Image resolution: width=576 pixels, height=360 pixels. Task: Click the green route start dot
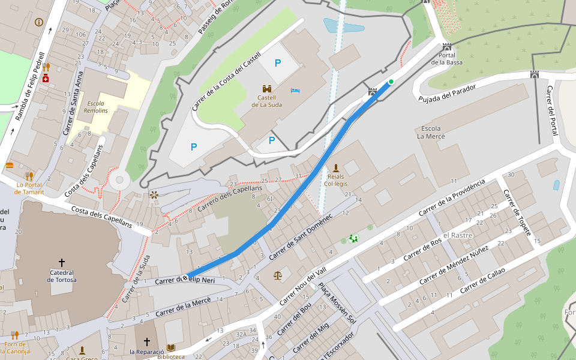coord(391,82)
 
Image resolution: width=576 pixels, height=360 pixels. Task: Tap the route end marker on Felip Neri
coord(184,277)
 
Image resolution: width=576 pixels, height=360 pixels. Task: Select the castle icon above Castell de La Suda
coord(267,88)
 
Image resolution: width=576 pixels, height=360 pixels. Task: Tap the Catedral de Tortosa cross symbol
coord(61,263)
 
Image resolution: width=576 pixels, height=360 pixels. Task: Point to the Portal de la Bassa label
coord(446,58)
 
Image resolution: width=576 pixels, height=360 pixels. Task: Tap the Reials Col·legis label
coord(336,180)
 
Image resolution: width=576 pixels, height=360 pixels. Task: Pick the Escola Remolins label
coord(95,107)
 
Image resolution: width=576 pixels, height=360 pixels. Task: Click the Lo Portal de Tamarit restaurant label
coord(29,188)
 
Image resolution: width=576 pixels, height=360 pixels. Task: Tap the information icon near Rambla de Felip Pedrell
coord(39,22)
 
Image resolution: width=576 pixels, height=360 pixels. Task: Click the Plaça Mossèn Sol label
coord(337,304)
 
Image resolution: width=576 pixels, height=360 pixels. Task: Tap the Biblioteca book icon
coord(171,347)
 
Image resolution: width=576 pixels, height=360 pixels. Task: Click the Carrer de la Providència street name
coord(451,198)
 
